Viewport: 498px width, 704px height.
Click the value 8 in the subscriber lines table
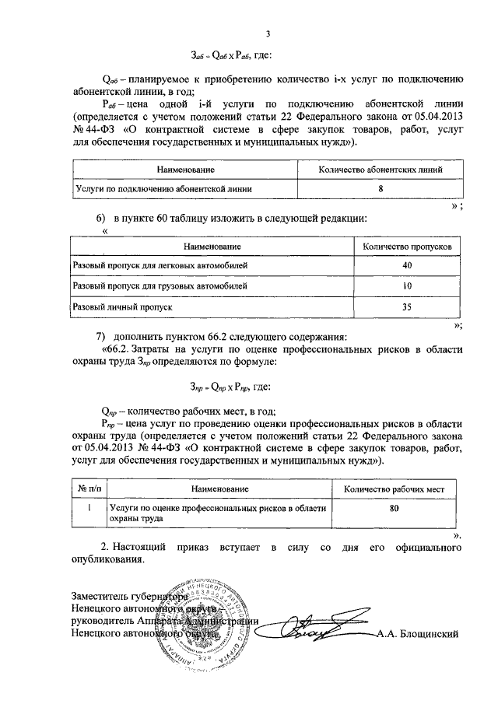click(381, 188)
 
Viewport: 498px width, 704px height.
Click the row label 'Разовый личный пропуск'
click(121, 307)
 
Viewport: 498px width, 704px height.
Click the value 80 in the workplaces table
click(394, 508)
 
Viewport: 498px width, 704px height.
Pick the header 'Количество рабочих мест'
click(394, 489)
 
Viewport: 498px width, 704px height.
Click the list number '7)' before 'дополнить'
click(100, 337)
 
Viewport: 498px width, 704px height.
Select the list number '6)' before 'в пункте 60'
click(100, 220)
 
